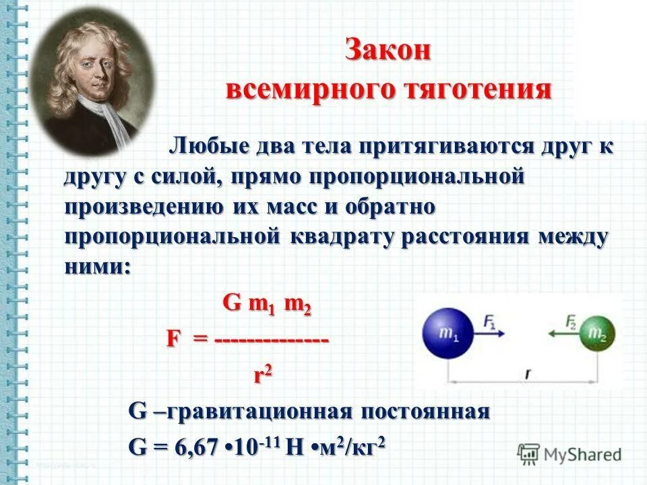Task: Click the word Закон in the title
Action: point(388,52)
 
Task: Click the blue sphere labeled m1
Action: point(447,333)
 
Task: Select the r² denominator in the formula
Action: point(263,375)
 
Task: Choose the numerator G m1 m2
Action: point(267,304)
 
